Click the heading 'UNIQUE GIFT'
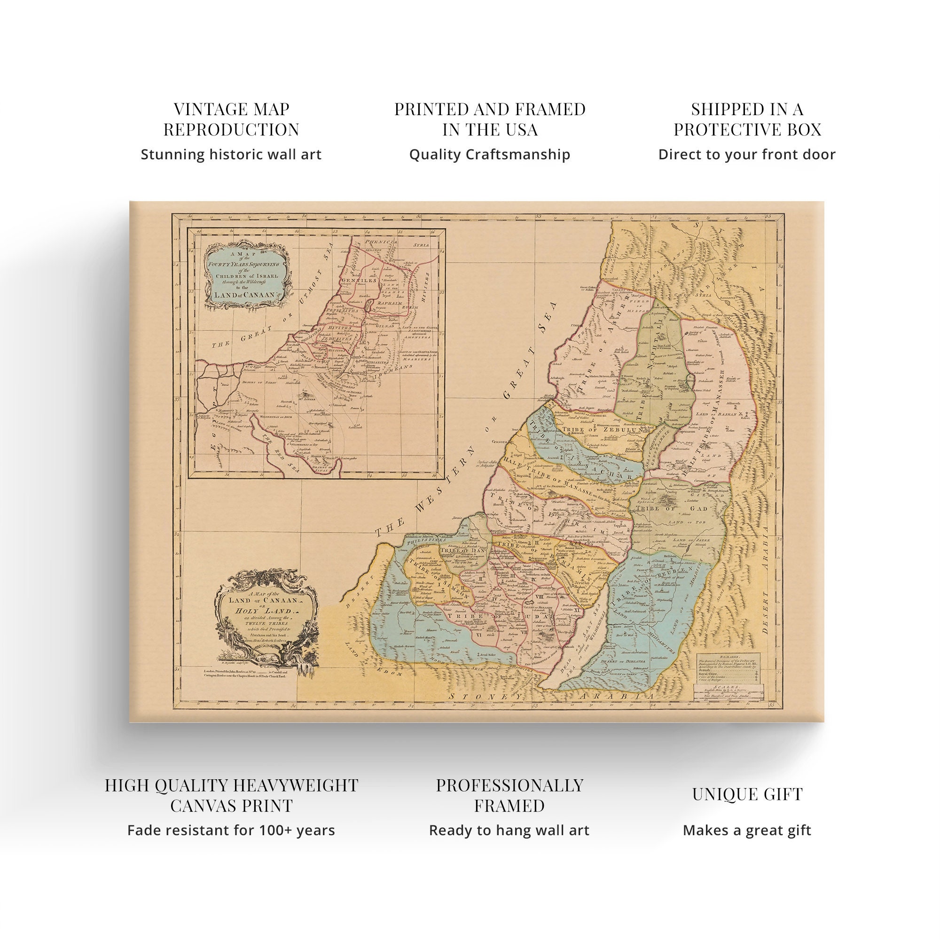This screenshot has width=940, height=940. pyautogui.click(x=747, y=793)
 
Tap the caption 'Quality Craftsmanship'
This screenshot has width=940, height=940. pyautogui.click(x=489, y=155)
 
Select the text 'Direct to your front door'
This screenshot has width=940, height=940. pyautogui.click(x=747, y=155)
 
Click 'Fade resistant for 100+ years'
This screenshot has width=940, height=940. pyautogui.click(x=231, y=830)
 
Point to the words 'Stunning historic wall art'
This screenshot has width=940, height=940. pyautogui.click(x=231, y=155)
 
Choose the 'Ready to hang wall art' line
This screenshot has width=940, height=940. pyautogui.click(x=509, y=830)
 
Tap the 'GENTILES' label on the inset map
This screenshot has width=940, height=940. pyautogui.click(x=359, y=281)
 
